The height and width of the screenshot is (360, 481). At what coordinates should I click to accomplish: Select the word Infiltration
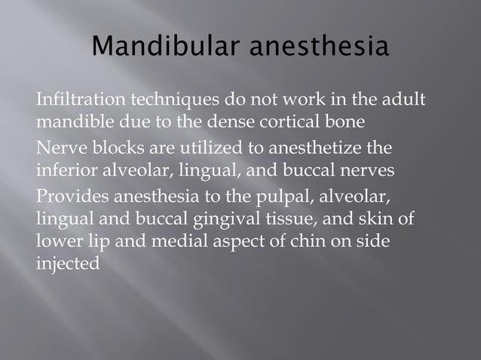(81, 100)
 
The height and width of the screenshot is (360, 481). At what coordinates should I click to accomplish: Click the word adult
(405, 100)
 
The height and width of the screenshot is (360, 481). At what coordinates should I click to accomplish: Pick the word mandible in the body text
(72, 120)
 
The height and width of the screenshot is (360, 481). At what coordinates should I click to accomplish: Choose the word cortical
(299, 120)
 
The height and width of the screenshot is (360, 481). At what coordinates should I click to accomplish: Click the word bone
(349, 120)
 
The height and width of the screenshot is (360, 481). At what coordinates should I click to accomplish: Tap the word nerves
(369, 169)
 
